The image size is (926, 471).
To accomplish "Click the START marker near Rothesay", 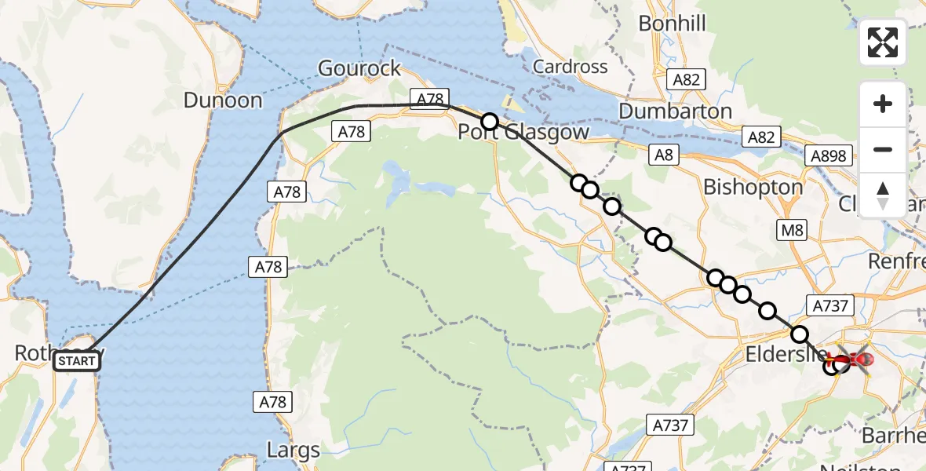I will point(77,361).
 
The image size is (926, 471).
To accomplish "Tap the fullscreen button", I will point(883,42).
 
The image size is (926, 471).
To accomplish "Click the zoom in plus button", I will point(883,104).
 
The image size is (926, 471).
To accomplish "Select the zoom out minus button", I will point(883,149).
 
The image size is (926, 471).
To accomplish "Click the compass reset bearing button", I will point(883,195).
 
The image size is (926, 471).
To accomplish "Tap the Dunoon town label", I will point(223,100).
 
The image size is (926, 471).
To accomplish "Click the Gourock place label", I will point(359,68).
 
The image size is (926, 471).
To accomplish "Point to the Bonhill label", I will point(672,24).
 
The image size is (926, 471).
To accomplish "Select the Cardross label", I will point(571,67).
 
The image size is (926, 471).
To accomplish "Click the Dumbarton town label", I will point(675,111).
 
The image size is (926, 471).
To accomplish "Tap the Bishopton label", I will point(753,187).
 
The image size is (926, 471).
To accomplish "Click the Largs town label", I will point(293,451).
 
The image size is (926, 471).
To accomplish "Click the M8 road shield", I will point(791,230).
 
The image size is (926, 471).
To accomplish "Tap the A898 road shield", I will point(829,156).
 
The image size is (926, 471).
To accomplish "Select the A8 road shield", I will point(664,155).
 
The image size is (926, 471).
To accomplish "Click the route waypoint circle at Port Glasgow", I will point(490,121).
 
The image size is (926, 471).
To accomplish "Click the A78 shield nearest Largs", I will point(273,403).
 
